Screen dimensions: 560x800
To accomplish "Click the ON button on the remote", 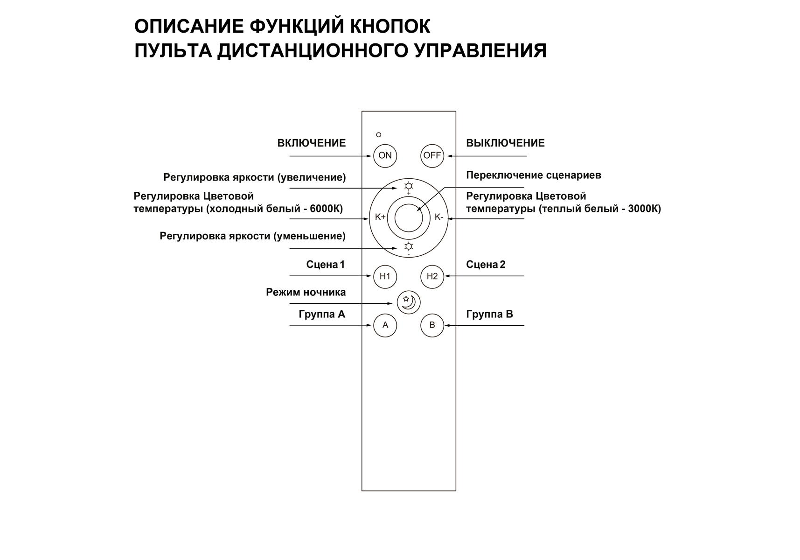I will click(385, 155).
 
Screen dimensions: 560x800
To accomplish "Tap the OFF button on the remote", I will click(432, 155).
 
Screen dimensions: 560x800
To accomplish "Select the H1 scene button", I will click(385, 276).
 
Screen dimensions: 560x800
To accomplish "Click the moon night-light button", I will click(408, 302).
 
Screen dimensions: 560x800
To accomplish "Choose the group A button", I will click(385, 325).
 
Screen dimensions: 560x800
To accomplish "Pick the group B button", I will click(432, 325).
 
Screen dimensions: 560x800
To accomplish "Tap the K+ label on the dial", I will click(380, 217).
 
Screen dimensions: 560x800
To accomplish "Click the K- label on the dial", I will click(438, 217).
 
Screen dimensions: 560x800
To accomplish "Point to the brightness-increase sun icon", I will click(409, 186).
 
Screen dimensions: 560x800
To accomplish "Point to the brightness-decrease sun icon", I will click(409, 246).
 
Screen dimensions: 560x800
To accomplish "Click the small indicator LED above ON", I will click(378, 135).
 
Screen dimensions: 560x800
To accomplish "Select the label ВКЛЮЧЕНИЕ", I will click(311, 143).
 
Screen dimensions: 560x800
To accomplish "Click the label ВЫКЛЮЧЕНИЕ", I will click(505, 143).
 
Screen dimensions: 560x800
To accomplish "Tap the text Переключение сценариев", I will click(533, 175).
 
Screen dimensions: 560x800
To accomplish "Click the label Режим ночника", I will click(306, 293).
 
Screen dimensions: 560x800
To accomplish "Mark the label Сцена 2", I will click(486, 265).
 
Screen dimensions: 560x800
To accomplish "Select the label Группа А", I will click(321, 315).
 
